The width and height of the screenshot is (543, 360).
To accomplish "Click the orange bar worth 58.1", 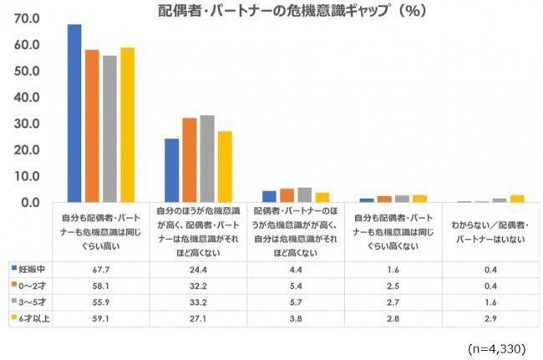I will (92, 125).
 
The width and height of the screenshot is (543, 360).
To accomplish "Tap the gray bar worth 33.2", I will (207, 159).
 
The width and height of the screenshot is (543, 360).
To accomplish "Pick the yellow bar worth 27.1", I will (225, 166).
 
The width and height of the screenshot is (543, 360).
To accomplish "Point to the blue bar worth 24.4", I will (172, 170).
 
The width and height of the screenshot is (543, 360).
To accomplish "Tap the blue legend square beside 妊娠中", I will (14, 269).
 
